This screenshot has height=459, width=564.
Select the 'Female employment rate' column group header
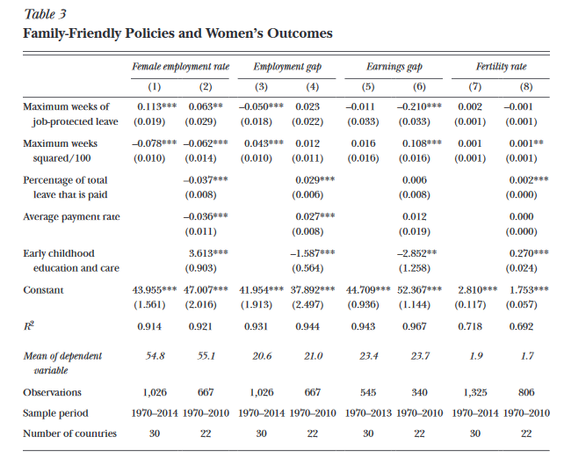pos(180,67)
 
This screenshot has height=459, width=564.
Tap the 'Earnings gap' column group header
pos(391,67)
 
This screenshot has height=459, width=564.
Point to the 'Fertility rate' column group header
pos(501,67)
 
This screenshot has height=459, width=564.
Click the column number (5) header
pos(368,85)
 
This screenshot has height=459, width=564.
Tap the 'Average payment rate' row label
pos(71,216)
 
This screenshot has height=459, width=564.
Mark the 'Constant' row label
pos(43,289)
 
